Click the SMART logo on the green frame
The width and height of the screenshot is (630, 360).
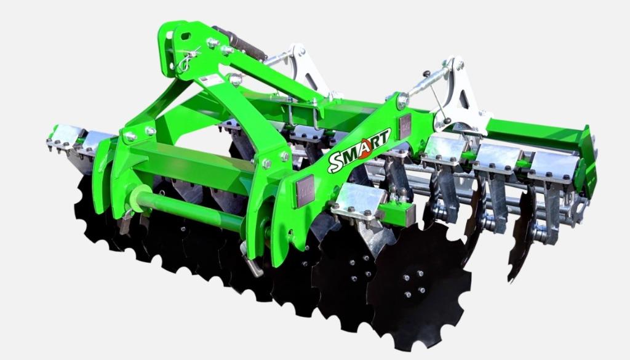tap(359, 150)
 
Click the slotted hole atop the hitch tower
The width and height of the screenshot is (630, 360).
tap(186, 36)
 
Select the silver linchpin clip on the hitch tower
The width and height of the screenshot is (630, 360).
tap(186, 59)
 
